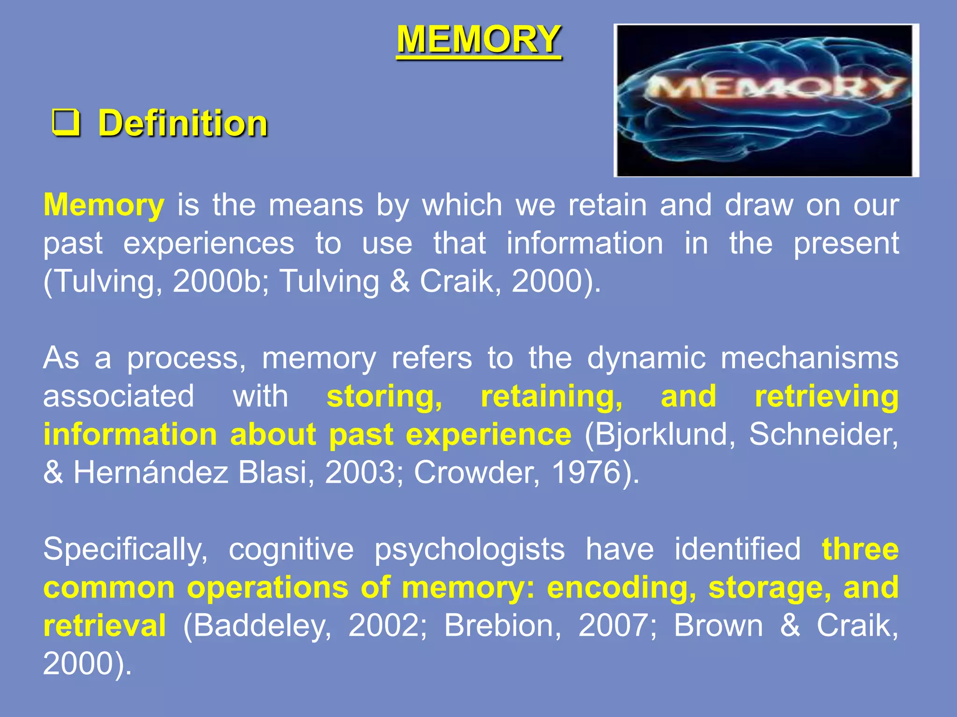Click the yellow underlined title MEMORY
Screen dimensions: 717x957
pyautogui.click(x=479, y=40)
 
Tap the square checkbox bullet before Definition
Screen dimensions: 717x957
pyautogui.click(x=66, y=123)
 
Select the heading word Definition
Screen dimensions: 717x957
pyautogui.click(x=183, y=123)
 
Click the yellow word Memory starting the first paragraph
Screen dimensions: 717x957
pyautogui.click(x=104, y=205)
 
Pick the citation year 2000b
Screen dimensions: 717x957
pyautogui.click(x=217, y=281)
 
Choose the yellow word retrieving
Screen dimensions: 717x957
pyautogui.click(x=827, y=397)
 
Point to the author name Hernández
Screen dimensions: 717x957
pyautogui.click(x=151, y=473)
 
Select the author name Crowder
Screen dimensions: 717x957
pyautogui.click(x=477, y=473)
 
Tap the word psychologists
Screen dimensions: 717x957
pyautogui.click(x=470, y=549)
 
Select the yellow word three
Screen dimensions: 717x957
pyautogui.click(x=860, y=549)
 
